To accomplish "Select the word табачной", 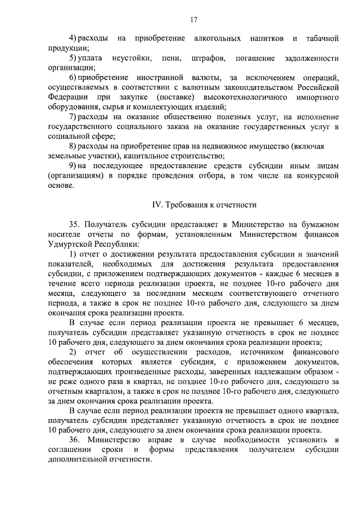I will (322, 38).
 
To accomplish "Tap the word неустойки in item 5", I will (132, 58).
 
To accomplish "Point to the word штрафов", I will (208, 58).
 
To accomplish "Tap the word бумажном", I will (317, 225).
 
